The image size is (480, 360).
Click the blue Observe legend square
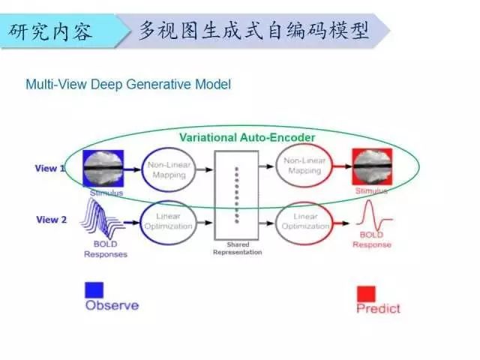coord(94,289)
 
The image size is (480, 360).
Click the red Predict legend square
coord(366,293)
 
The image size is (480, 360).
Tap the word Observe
coord(112,305)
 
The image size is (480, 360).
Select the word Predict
coord(378,308)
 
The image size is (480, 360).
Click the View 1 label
coord(50,169)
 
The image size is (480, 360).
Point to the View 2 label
coord(51,220)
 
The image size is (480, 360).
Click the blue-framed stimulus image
coord(103,169)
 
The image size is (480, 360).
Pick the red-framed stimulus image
coord(372,169)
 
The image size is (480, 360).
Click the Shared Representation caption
coord(237,249)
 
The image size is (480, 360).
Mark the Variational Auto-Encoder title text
coord(247,138)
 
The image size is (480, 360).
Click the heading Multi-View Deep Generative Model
coord(128,85)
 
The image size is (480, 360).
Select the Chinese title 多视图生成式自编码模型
coord(254,31)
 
